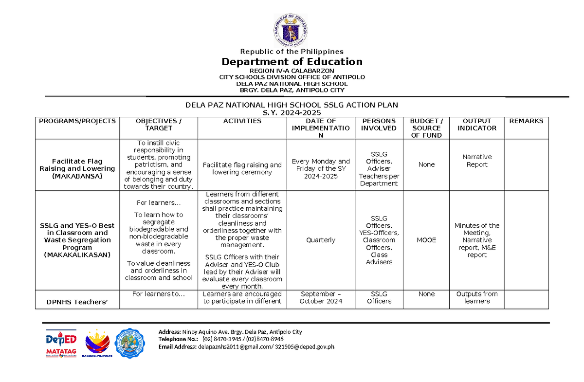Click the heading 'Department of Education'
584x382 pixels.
292,62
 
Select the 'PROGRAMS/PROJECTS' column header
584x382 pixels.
78,121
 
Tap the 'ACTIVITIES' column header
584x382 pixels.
242,121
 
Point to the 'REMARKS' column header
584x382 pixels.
526,121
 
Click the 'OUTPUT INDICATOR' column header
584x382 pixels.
477,125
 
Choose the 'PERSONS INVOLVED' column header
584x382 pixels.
379,125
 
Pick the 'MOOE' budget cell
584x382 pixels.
426,240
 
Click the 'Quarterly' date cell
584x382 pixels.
321,240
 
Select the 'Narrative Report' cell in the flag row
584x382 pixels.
477,161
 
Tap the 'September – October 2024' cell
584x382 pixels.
321,297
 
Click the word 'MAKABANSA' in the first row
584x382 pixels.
78,176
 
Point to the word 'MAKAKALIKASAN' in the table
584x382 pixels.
78,255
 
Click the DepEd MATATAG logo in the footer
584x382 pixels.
61,344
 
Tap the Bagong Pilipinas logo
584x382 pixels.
99,344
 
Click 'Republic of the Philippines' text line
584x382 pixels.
292,52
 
